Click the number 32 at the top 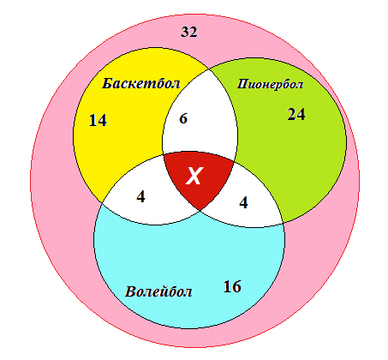[189, 32]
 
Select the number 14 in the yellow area [98, 120]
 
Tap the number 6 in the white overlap [183, 118]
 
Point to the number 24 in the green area [296, 114]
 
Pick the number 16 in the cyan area [232, 286]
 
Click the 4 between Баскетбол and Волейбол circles [140, 197]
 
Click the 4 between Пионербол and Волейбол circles [243, 203]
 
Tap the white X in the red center [194, 176]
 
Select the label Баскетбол [141, 84]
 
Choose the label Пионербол [270, 84]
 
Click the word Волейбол [158, 291]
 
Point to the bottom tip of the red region [200, 211]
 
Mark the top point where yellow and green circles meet [209, 69]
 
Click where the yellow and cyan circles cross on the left [102, 202]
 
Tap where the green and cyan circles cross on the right [283, 223]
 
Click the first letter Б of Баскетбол [107, 84]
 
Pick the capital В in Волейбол [130, 291]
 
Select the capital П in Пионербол [242, 84]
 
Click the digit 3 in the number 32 [185, 32]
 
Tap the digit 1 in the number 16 [228, 286]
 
